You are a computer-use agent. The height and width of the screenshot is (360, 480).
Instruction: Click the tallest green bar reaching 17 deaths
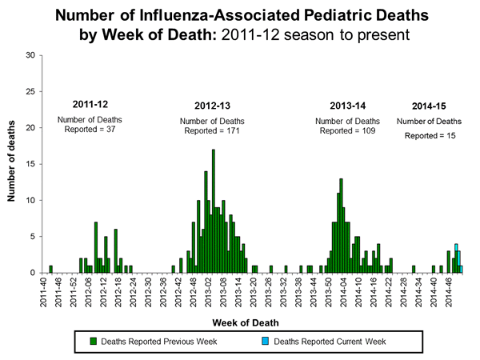pyautogui.click(x=213, y=212)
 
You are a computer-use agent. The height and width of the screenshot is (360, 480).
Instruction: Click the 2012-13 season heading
pyautogui.click(x=213, y=106)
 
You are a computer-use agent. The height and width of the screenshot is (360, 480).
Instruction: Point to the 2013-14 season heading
pyautogui.click(x=346, y=106)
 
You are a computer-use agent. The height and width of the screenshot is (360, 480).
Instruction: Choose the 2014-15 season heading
pyautogui.click(x=430, y=106)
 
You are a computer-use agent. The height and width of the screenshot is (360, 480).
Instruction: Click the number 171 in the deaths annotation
pyautogui.click(x=233, y=130)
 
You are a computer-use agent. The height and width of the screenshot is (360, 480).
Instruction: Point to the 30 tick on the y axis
pyautogui.click(x=30, y=55)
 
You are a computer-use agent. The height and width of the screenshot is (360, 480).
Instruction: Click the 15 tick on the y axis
pyautogui.click(x=30, y=164)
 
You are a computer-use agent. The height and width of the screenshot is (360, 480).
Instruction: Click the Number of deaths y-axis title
pyautogui.click(x=13, y=164)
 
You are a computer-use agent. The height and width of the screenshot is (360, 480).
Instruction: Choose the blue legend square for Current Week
pyautogui.click(x=266, y=342)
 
